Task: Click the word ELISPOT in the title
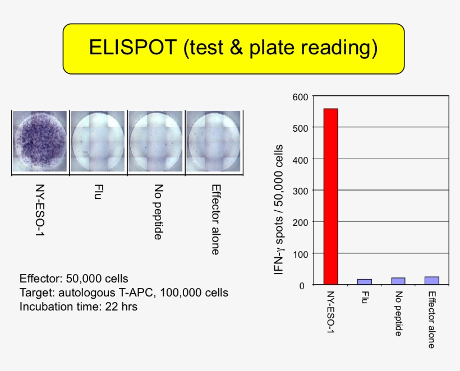(132, 48)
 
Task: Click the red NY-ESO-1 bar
(330, 196)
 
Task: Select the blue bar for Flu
(364, 282)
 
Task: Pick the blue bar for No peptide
(398, 281)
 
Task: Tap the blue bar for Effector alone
(431, 281)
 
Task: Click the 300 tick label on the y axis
(300, 191)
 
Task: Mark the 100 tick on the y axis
(300, 253)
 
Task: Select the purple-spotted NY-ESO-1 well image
(40, 141)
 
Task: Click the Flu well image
(98, 141)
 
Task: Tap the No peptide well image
(155, 141)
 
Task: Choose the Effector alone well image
(213, 141)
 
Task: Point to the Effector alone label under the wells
(215, 219)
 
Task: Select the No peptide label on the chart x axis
(398, 314)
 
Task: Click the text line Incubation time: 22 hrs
(78, 307)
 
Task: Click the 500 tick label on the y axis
(300, 128)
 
